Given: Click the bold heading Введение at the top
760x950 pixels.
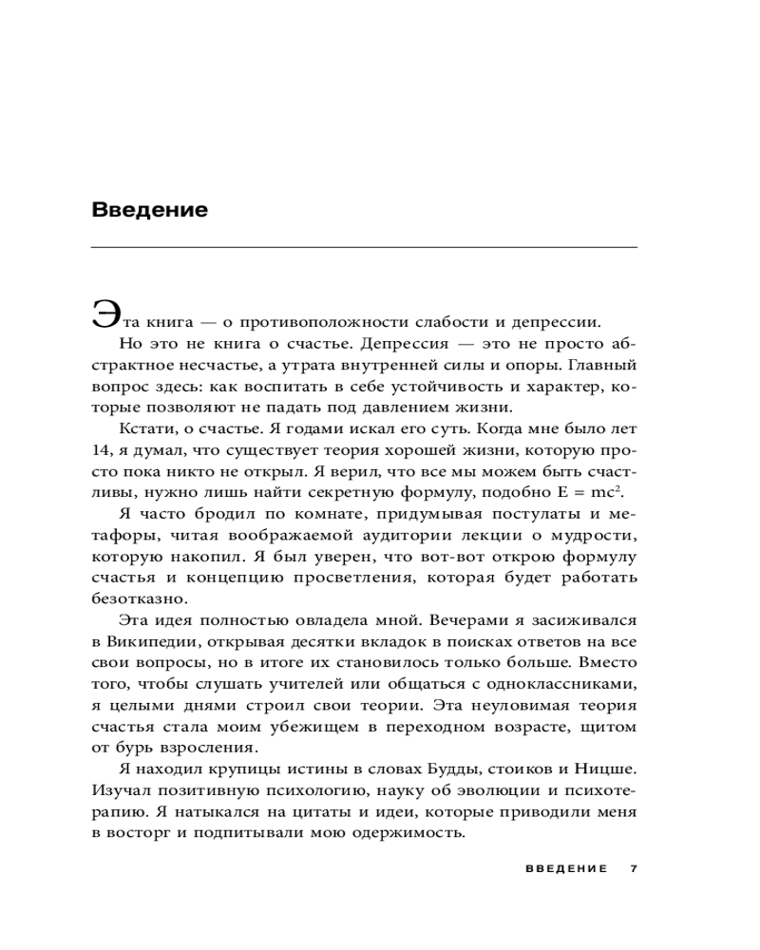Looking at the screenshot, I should (149, 210).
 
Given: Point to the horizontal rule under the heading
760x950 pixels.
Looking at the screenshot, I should (364, 248).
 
